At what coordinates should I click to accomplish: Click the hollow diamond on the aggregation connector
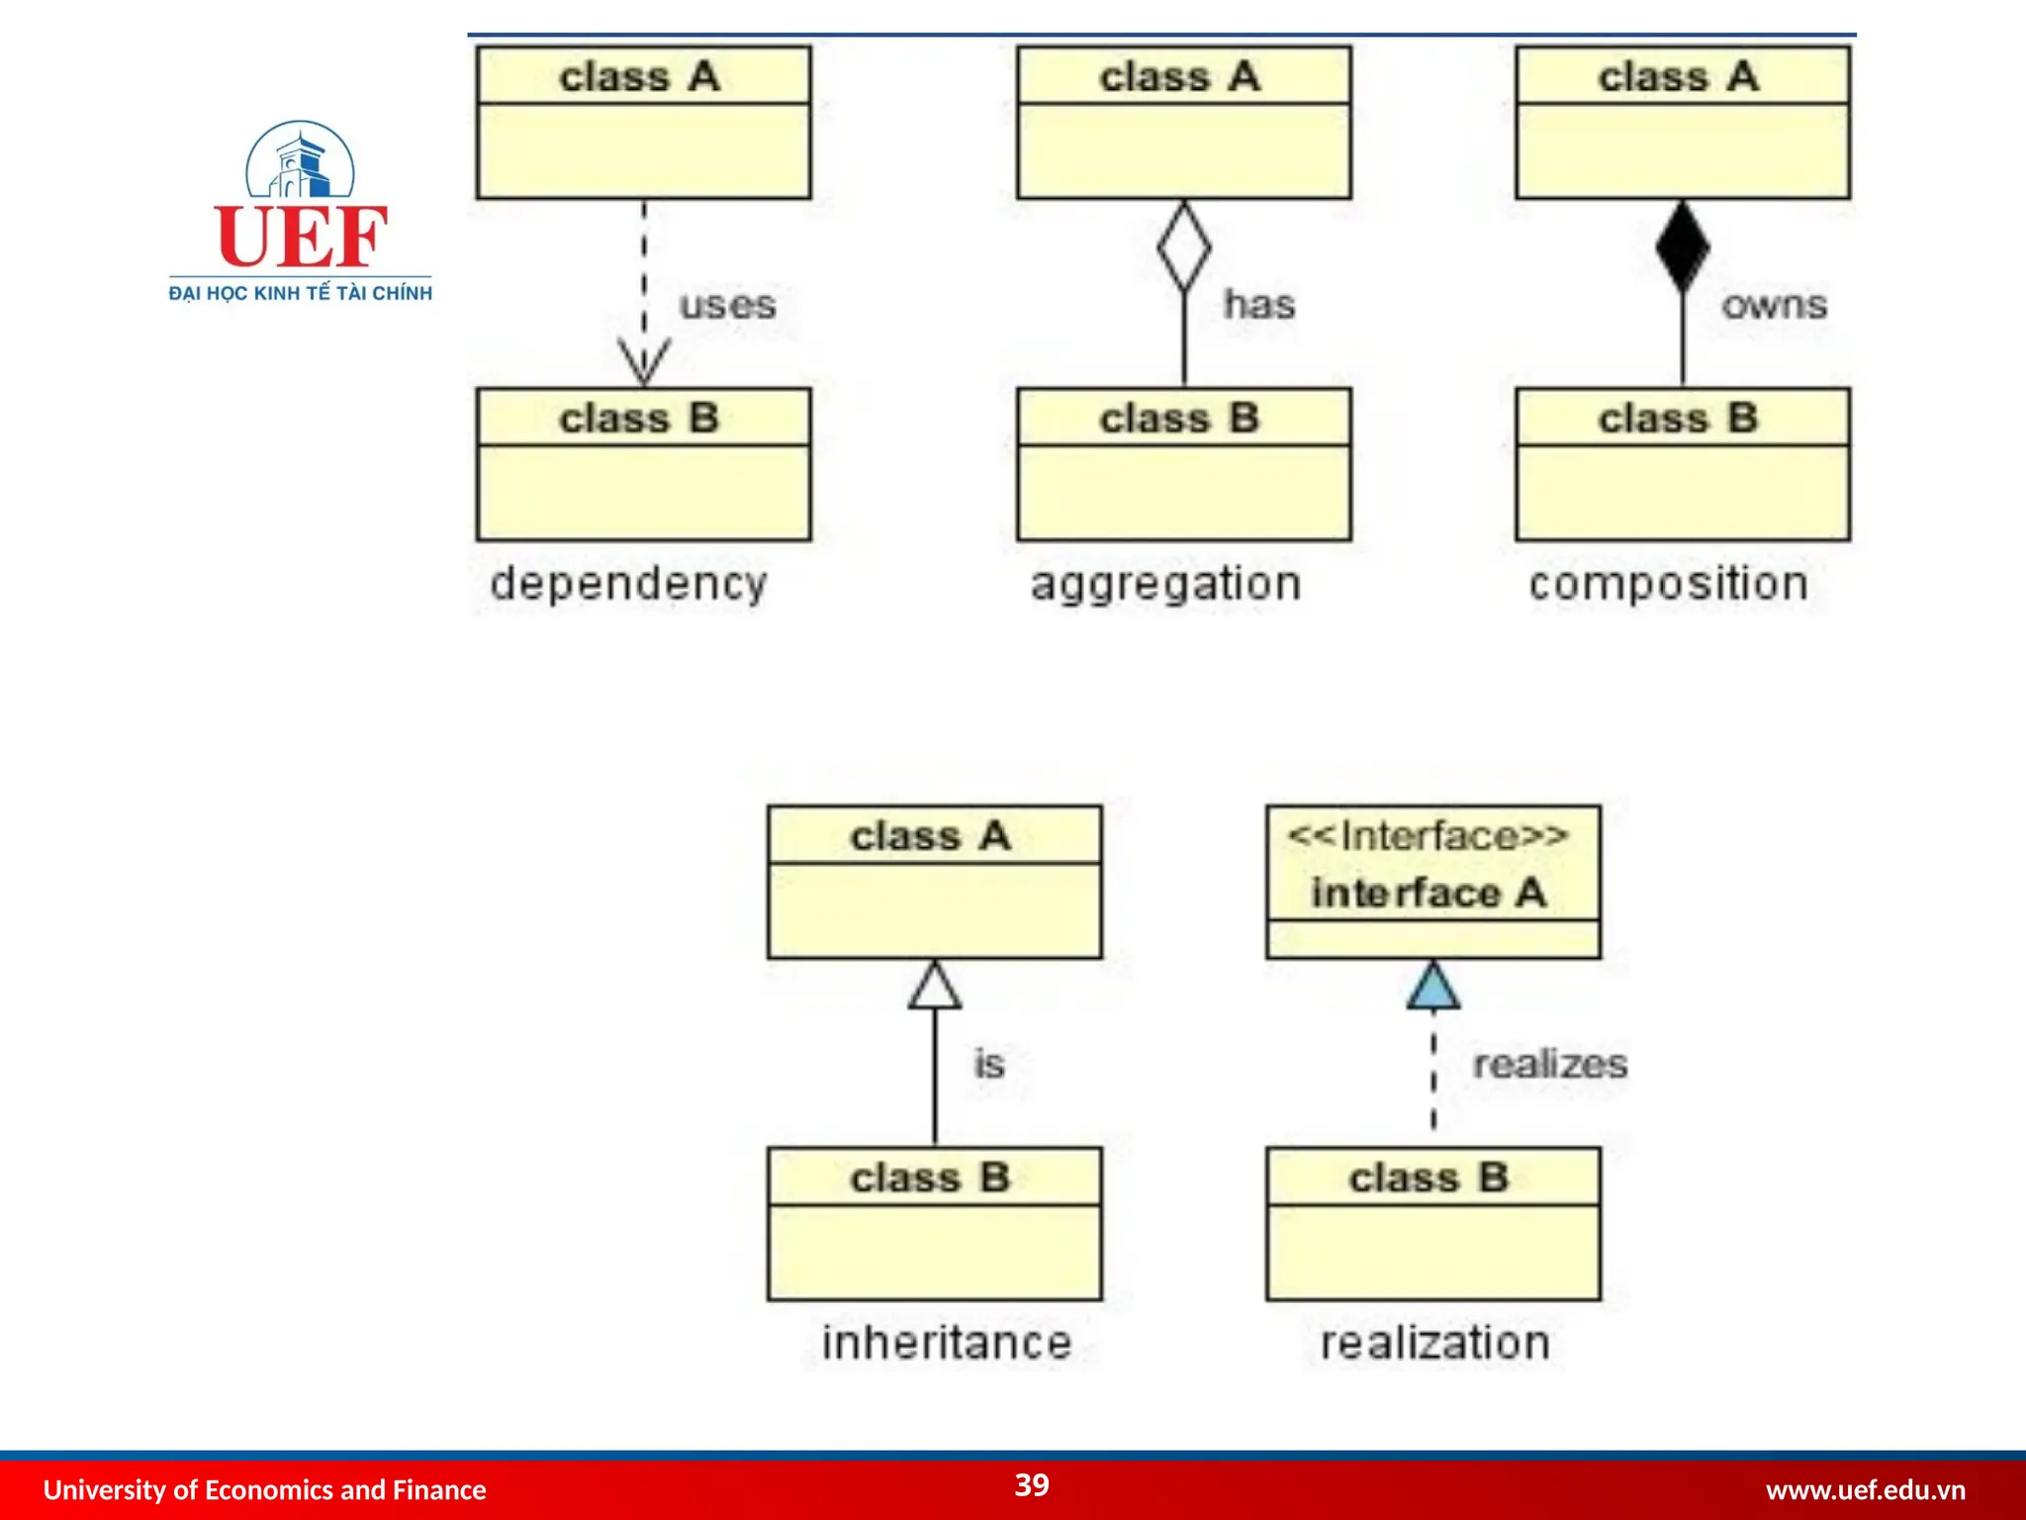(1183, 246)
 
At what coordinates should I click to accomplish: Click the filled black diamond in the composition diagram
(1682, 246)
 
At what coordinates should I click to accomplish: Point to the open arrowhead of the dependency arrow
(644, 362)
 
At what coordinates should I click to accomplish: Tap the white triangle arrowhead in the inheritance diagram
(935, 986)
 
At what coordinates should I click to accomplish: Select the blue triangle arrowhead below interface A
(1433, 986)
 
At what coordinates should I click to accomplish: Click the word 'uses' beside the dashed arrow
(727, 305)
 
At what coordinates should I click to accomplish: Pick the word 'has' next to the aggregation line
(1259, 304)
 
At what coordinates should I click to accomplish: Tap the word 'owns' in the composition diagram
(1774, 305)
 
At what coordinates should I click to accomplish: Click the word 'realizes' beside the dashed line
(1549, 1064)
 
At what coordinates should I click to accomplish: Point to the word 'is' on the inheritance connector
(989, 1064)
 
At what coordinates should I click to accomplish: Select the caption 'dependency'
(628, 583)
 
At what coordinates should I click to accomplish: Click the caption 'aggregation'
(1165, 583)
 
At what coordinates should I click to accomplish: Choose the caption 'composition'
(1668, 583)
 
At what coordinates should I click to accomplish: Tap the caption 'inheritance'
(947, 1343)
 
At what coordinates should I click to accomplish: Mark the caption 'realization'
(1434, 1343)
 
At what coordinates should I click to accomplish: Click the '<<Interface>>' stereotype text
(1427, 836)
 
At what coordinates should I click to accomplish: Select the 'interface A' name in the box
(1427, 893)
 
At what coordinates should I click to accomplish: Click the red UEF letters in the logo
(301, 237)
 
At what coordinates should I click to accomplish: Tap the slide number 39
(1032, 1484)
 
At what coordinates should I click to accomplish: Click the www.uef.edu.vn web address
(1865, 1489)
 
